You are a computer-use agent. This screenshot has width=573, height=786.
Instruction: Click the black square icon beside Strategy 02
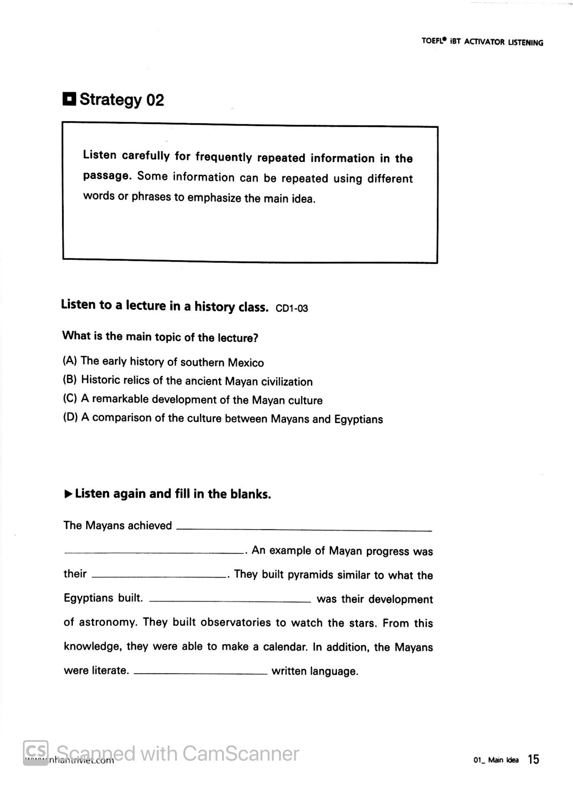pos(69,99)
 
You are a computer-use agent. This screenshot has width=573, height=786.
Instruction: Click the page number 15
pos(533,759)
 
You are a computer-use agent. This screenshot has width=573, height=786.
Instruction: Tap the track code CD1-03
pos(291,308)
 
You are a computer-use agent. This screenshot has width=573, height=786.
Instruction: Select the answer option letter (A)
pos(70,360)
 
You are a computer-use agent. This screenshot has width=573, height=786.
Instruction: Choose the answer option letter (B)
pos(70,379)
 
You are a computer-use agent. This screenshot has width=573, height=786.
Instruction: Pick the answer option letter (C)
pos(70,398)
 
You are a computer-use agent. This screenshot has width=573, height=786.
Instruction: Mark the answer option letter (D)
pos(70,417)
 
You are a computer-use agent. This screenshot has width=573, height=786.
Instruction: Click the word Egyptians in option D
pos(358,419)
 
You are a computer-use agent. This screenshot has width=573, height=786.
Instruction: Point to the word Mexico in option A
pos(246,363)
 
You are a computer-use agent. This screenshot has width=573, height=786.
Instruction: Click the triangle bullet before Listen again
pos(69,494)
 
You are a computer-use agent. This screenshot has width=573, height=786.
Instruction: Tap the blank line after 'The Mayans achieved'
pos(304,530)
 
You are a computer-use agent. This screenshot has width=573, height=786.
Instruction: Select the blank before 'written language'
pos(201,673)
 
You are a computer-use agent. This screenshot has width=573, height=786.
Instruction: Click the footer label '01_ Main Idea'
pos(496,760)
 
